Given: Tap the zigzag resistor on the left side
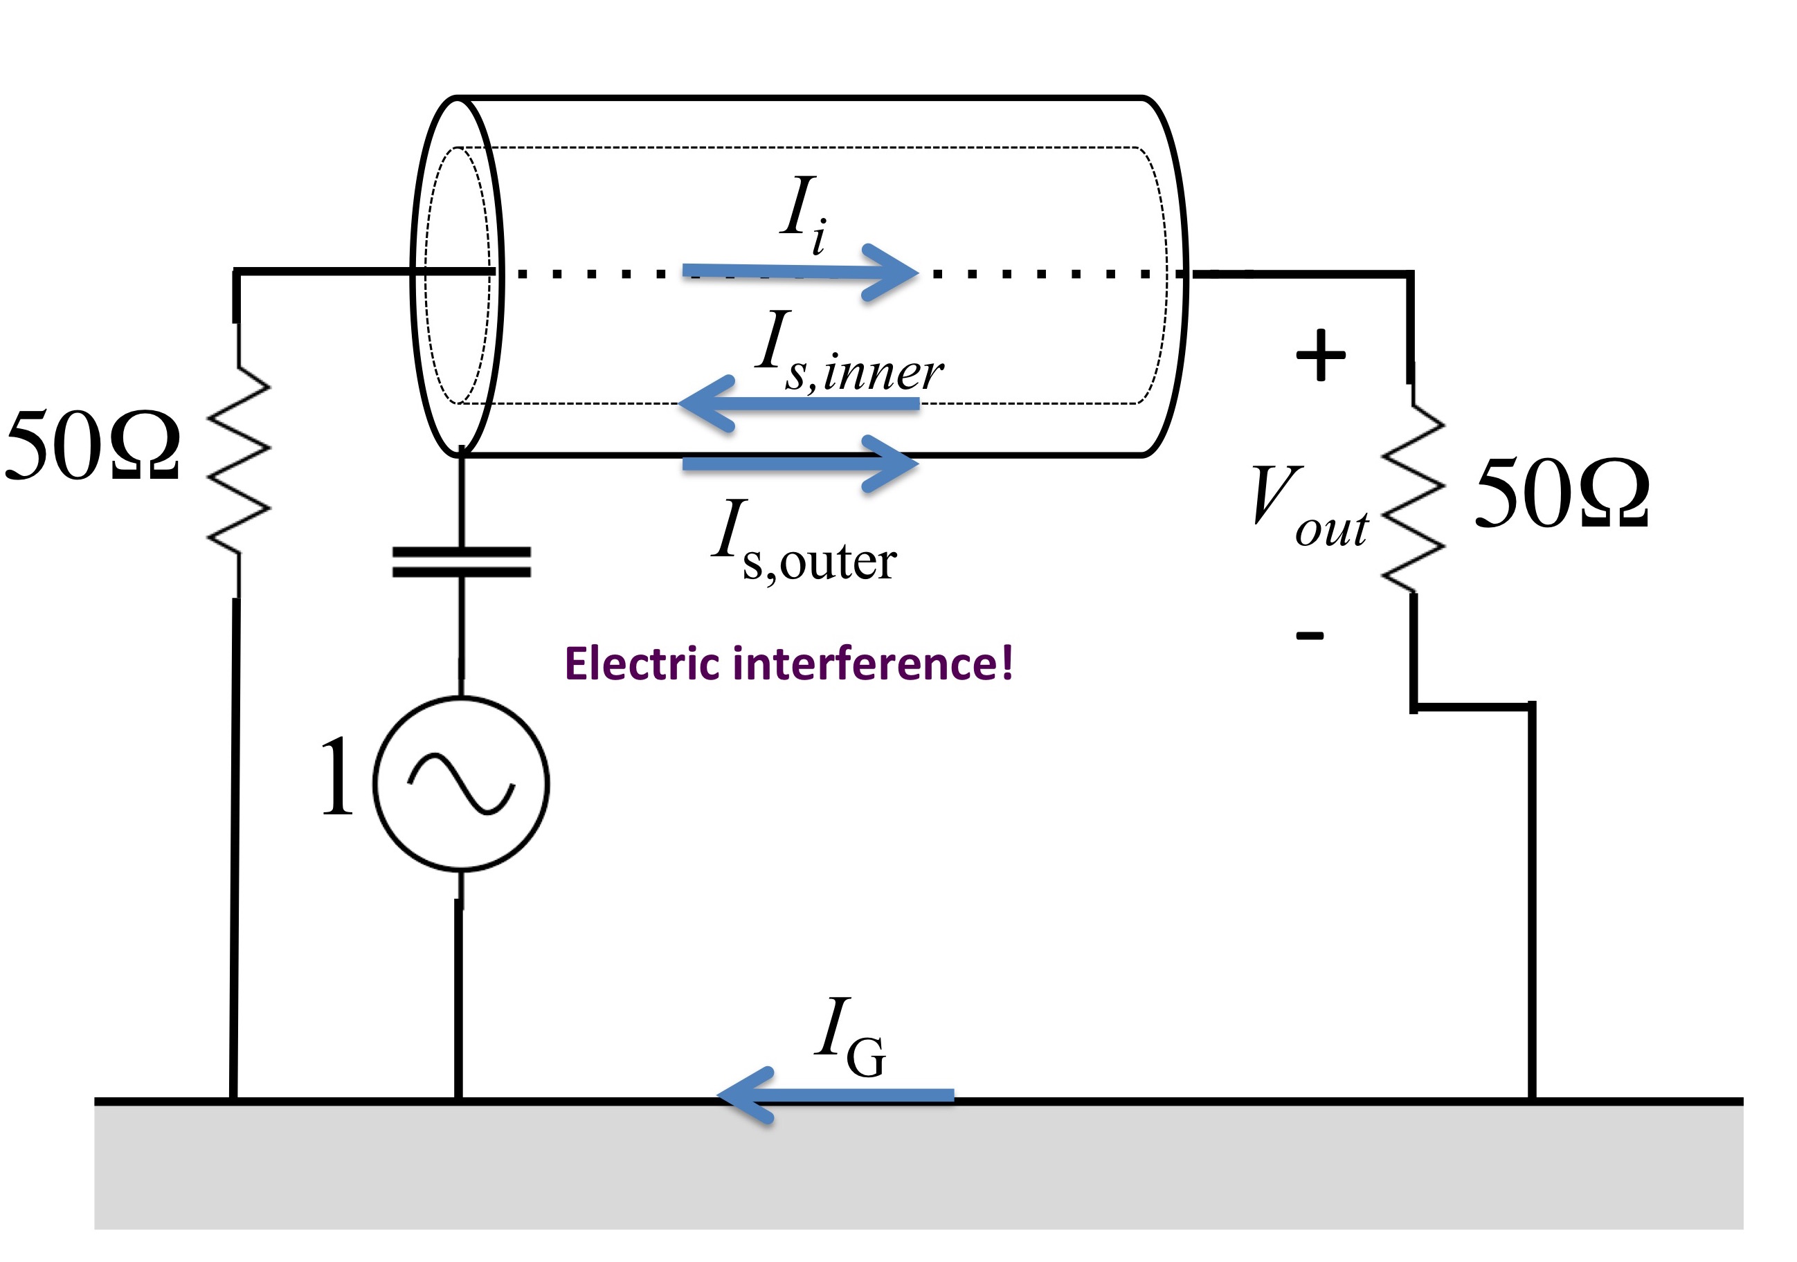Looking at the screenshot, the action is [x=239, y=461].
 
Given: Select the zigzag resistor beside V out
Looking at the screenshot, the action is [x=1414, y=498].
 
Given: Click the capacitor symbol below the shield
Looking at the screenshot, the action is [x=462, y=562].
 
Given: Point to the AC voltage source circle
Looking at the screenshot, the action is [x=462, y=783].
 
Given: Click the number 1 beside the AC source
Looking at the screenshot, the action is [x=337, y=777].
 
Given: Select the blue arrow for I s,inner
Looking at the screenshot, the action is [x=798, y=403].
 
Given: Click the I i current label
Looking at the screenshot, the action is [x=804, y=214].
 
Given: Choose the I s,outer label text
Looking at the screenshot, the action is [x=804, y=542].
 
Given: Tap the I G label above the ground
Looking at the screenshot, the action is [x=850, y=1037].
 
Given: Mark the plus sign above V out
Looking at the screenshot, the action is [x=1321, y=355].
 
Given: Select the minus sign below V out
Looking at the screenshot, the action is [x=1310, y=634].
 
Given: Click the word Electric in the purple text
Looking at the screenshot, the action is [x=642, y=664].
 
